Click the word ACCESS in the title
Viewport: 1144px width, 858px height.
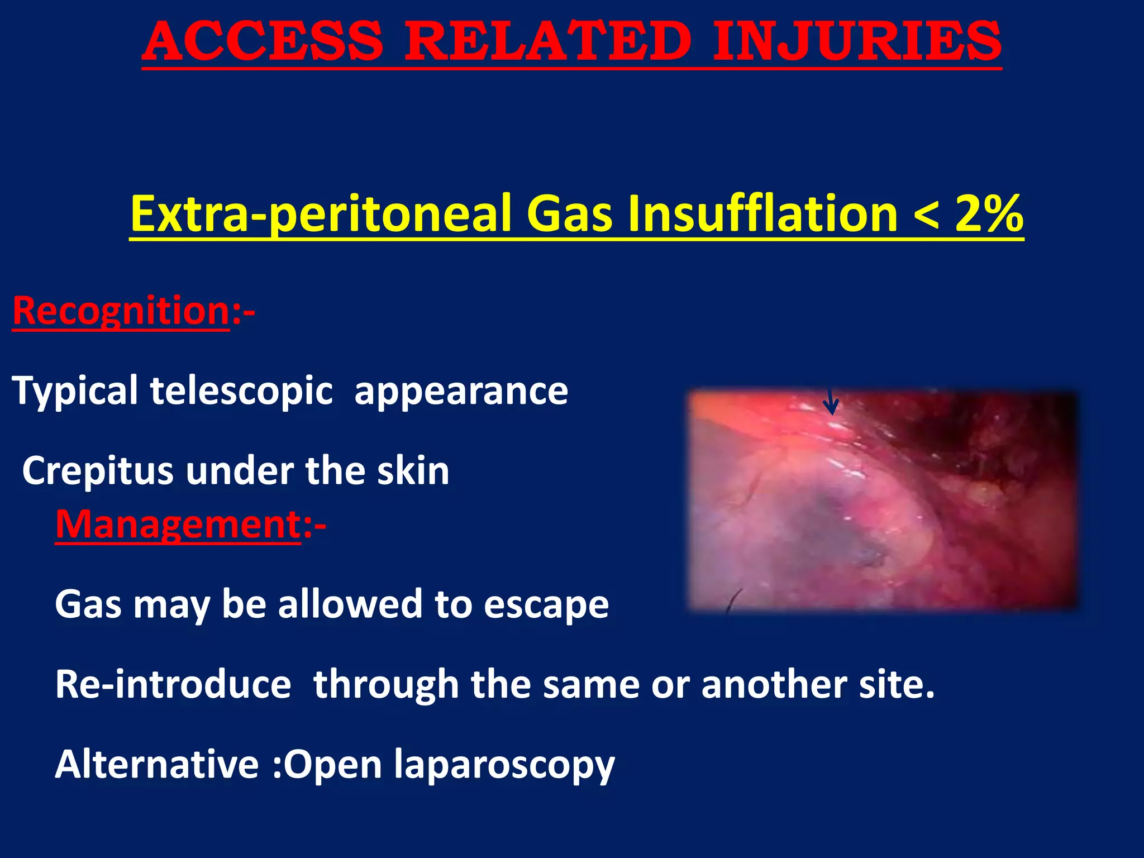pos(263,42)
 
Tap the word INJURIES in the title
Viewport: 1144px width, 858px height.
pos(857,42)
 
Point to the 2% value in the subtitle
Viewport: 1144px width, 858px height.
pos(989,214)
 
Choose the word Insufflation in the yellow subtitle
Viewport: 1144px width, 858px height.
pos(762,214)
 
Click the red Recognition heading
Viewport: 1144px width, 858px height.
pos(121,311)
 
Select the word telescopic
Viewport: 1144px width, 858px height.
pos(241,390)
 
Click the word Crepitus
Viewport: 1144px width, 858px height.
pos(97,471)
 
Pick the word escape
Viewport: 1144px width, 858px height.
pos(546,605)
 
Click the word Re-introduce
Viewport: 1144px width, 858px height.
pos(173,684)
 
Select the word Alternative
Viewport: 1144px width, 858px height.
pos(156,764)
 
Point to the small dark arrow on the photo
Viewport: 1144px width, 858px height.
pos(831,402)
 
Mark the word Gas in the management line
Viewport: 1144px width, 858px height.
pos(88,605)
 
